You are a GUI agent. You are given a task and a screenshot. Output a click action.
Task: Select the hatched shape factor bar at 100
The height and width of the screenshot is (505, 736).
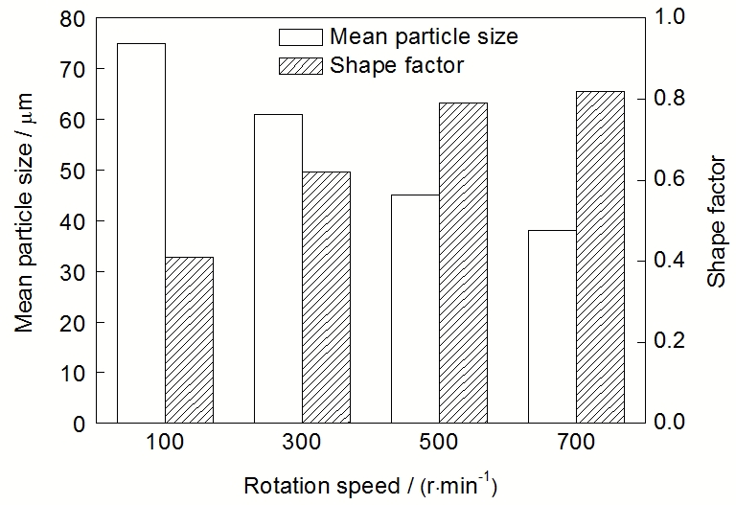coord(189,339)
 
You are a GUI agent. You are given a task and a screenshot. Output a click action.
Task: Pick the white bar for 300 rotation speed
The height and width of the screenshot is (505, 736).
coord(278,268)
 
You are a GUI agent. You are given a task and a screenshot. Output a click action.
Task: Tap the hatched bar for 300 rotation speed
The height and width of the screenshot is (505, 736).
coord(326,297)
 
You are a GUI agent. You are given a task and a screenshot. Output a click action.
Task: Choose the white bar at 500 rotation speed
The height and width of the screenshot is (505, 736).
coord(415,308)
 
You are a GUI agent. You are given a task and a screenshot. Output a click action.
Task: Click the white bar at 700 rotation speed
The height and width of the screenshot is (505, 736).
coord(552,326)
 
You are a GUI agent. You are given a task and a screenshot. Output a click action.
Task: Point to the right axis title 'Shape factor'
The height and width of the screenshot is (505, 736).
coord(716,220)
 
